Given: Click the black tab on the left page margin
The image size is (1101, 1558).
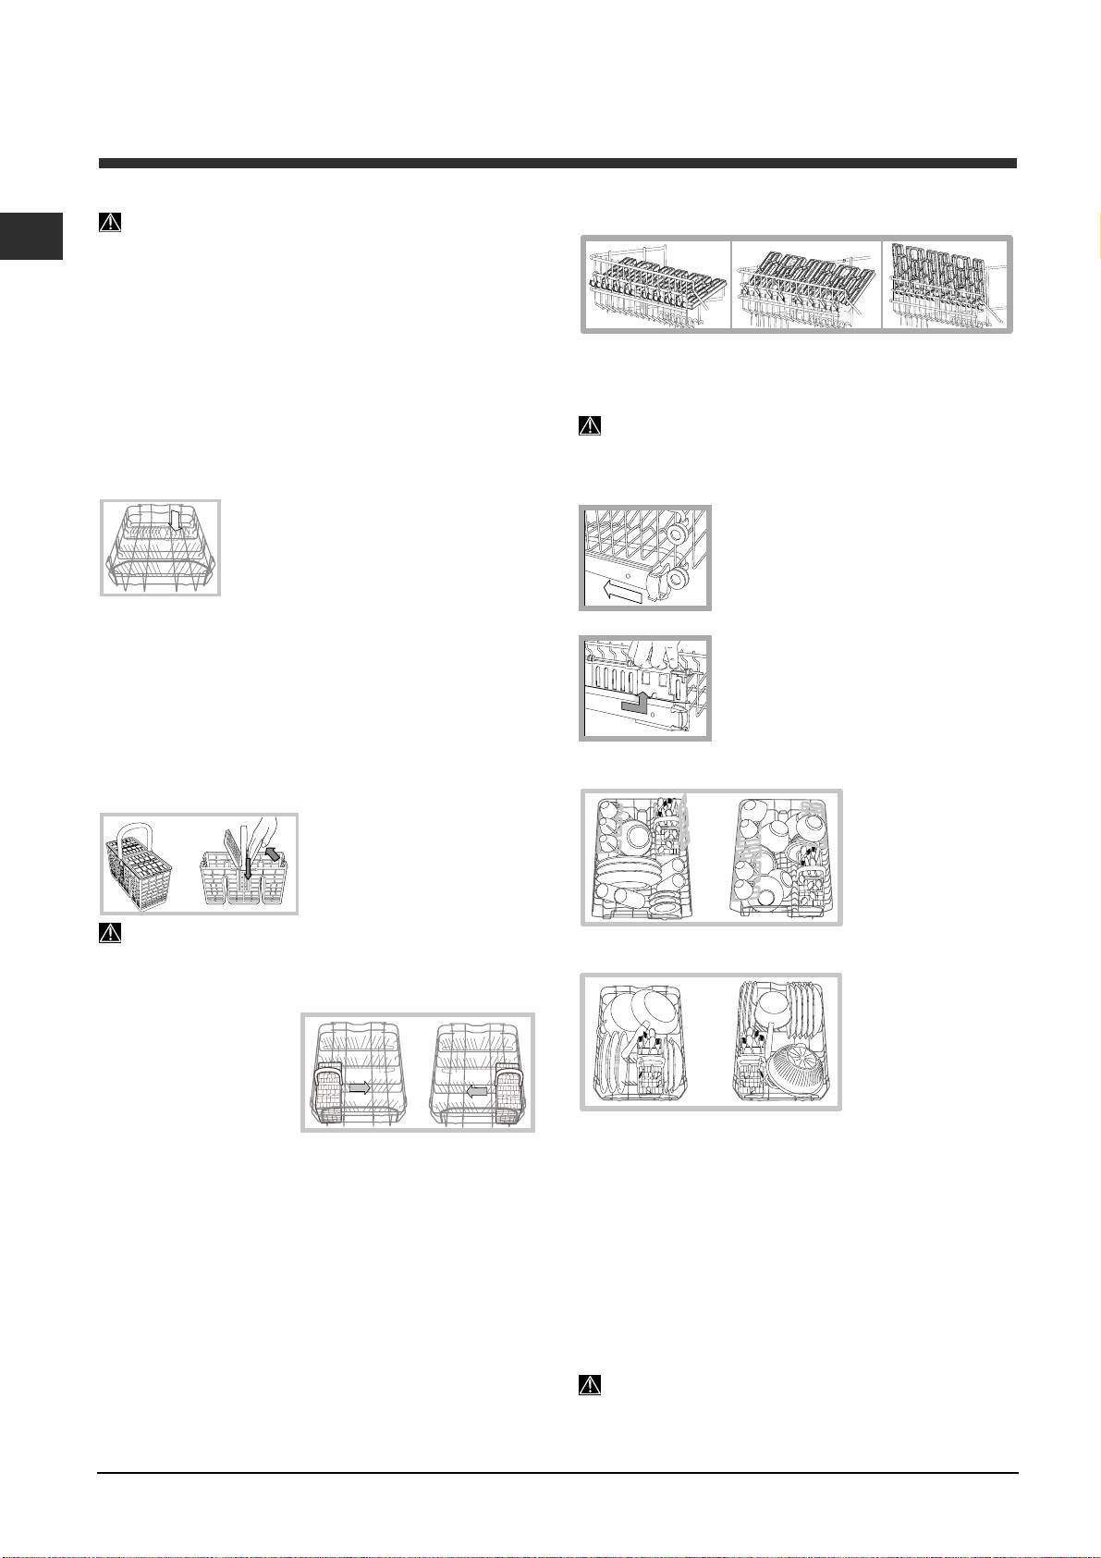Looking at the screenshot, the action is point(31,236).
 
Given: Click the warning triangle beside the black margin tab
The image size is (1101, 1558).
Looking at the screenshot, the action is point(110,223).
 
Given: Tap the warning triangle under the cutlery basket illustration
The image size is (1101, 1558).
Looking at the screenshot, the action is point(110,932).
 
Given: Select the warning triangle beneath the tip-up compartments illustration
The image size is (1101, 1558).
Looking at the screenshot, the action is point(589,426).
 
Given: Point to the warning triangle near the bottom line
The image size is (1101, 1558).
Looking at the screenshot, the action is point(589,1385).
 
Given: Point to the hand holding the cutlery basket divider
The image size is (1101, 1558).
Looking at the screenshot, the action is point(260,829).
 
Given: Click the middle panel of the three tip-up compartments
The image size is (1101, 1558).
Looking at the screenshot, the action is point(806,284).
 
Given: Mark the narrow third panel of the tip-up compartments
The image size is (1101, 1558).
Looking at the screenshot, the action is point(946,284).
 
